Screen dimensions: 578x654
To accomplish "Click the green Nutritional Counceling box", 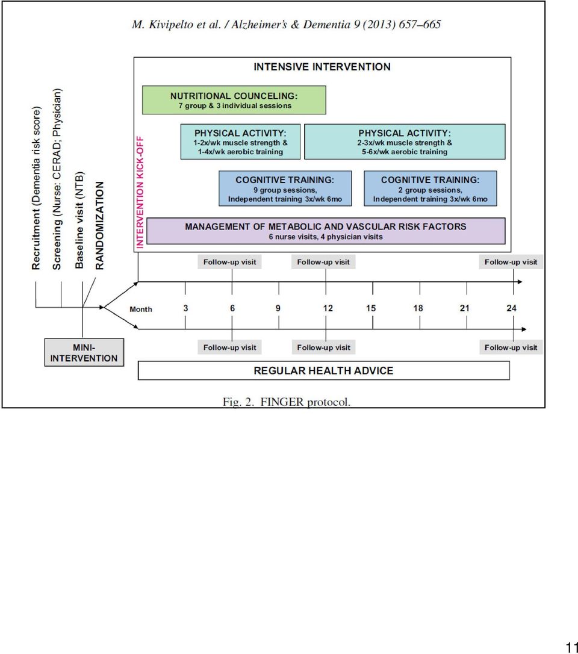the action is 234,100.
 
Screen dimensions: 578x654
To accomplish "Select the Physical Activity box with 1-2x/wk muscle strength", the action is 240,142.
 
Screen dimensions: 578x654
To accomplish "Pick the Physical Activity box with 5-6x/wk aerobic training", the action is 405,142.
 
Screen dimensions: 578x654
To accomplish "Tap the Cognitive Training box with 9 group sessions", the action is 285,188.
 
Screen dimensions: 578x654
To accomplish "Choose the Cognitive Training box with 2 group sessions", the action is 430,188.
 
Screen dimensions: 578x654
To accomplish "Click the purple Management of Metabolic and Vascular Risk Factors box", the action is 326,231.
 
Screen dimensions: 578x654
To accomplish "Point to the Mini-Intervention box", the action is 84,352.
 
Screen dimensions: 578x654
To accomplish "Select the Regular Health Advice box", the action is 323,370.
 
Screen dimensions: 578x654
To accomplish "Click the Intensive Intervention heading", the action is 322,67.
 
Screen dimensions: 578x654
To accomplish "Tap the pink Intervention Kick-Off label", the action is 140,192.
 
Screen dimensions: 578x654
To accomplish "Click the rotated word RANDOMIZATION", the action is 99,225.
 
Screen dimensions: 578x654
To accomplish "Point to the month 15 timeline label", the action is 371,308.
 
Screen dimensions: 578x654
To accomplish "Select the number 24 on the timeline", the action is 511,308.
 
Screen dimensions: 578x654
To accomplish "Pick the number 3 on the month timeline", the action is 185,308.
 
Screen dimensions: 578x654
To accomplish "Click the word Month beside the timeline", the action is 140,309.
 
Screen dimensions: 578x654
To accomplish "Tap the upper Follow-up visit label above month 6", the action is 230,262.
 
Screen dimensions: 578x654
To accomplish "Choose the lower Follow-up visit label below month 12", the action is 323,347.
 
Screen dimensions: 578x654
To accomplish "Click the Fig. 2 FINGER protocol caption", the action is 287,402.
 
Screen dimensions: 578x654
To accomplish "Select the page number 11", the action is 571,647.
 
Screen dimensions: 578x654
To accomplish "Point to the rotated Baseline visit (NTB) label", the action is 79,220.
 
